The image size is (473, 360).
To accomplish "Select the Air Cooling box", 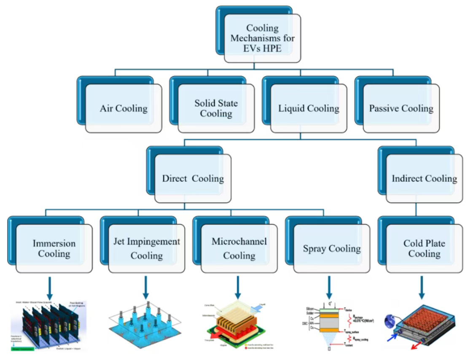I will tap(124, 108).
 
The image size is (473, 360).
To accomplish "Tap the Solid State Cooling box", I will tap(216, 108).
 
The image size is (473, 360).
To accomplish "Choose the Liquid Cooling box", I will tap(309, 108).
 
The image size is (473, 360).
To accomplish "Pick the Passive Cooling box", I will tap(401, 108).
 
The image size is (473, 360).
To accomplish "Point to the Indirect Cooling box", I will tap(424, 178).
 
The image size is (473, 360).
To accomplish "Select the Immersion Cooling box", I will tap(54, 248).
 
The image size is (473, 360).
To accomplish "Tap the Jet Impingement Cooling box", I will tap(146, 248).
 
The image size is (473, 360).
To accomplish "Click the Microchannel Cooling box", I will tap(239, 248).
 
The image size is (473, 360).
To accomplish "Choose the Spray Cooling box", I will tap(331, 248).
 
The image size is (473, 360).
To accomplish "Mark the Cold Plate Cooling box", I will tap(424, 248).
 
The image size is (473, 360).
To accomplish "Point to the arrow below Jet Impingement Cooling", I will tap(146, 287).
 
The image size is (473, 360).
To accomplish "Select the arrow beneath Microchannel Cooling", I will tap(238, 287).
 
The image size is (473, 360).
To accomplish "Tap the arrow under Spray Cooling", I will tap(329, 287).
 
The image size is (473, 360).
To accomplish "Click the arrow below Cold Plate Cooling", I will tap(421, 287).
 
